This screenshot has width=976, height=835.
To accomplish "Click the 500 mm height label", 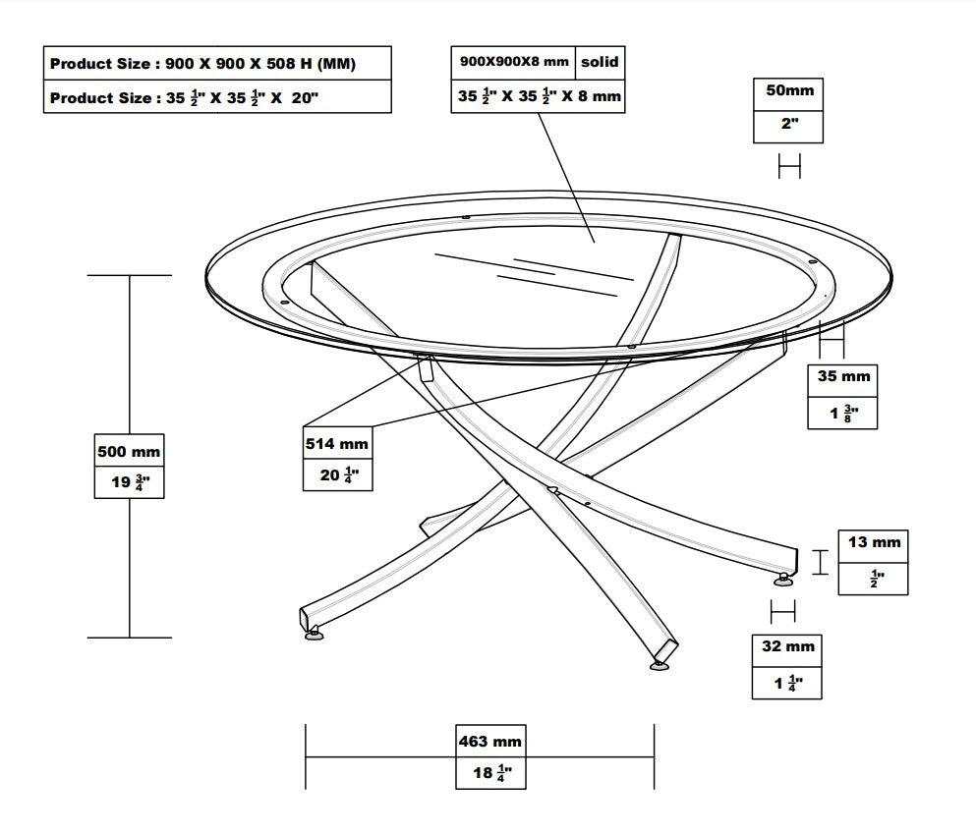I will coord(129,452).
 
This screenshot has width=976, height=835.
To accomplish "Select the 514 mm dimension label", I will coord(337,444).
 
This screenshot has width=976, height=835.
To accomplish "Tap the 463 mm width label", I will coord(490,741).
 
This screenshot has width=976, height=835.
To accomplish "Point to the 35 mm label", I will coord(842,376).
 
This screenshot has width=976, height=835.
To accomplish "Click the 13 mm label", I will coord(873,543).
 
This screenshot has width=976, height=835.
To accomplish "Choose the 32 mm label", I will coord(786,646).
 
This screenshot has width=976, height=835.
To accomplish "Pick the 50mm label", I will coord(788,90).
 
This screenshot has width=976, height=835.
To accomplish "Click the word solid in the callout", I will coord(599,62).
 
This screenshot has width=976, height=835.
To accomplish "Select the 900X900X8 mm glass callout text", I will coord(514,62).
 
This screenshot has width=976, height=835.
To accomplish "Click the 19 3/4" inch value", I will coord(129,483).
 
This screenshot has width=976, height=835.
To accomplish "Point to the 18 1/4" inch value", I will coord(490,773).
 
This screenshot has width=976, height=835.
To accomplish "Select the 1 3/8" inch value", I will coord(842,414).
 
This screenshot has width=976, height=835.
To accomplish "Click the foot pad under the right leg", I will coord(783,581).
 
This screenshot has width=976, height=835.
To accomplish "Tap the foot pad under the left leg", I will coord(315,637).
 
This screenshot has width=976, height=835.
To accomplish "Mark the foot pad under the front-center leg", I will coord(660,667).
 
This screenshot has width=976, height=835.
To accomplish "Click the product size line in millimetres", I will coord(202,64).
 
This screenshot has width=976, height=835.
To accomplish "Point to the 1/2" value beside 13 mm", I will coord(873,579).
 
